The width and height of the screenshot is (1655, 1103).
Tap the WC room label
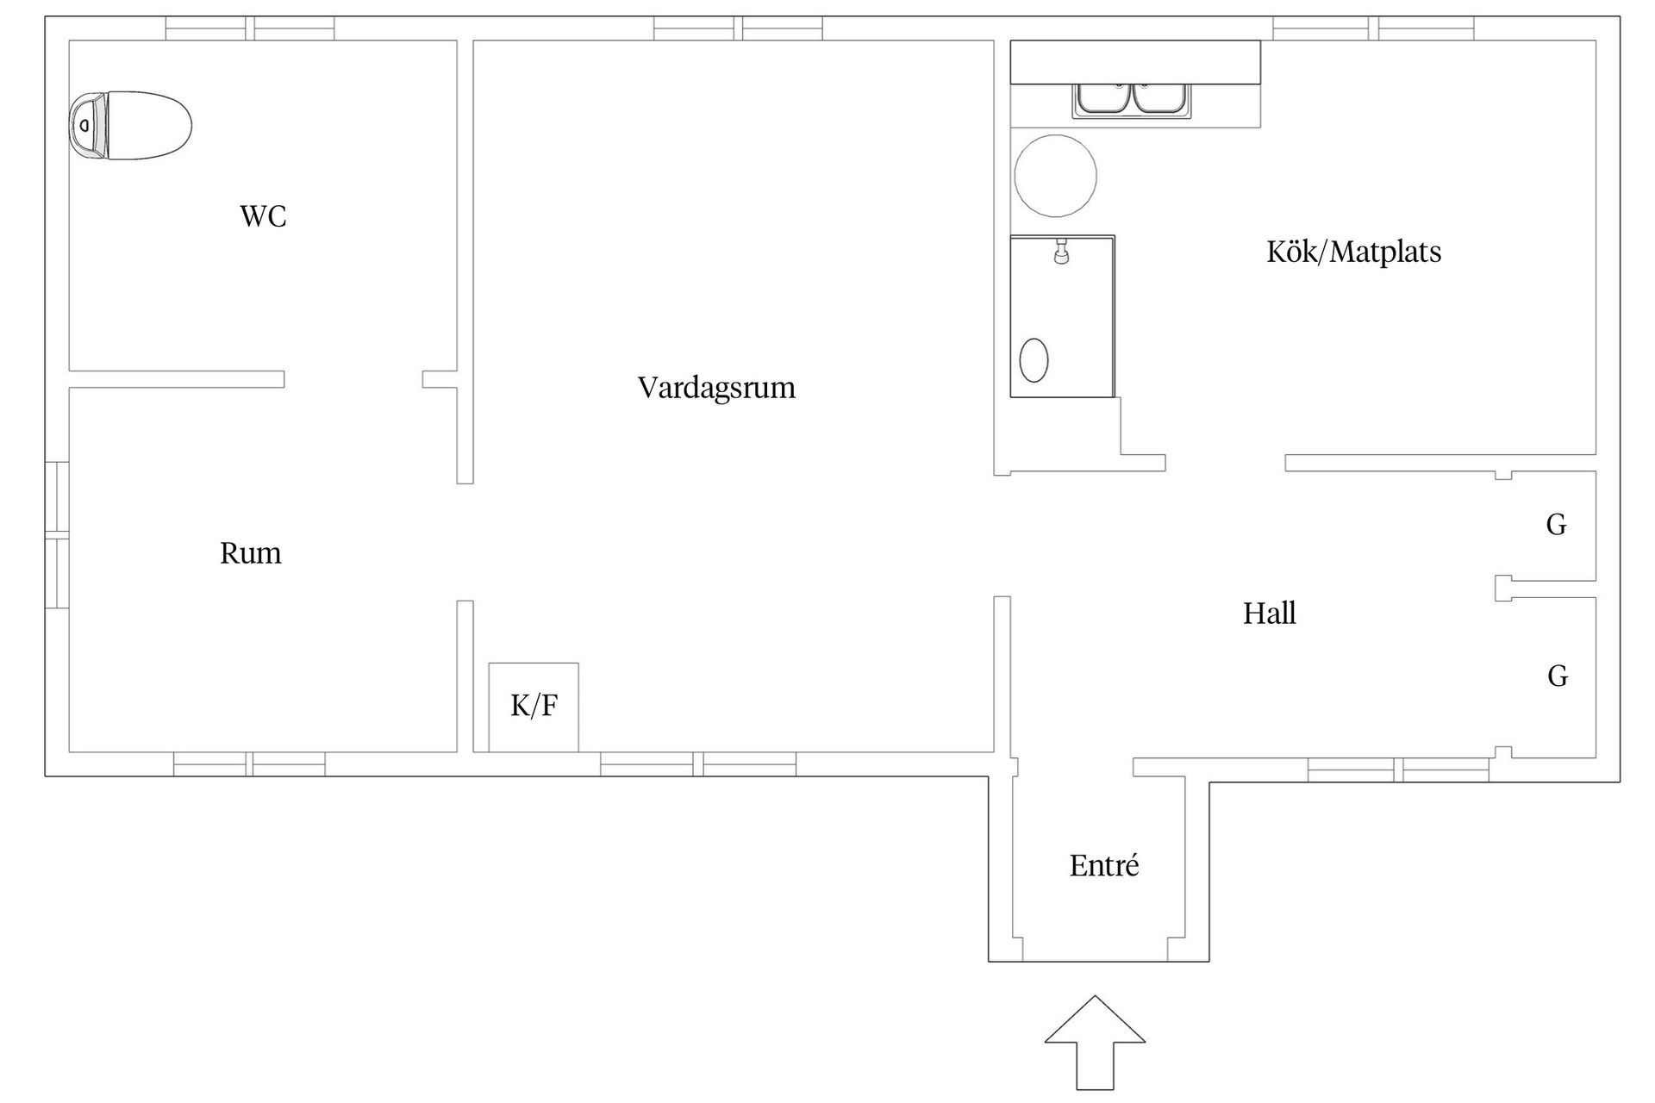point(263,216)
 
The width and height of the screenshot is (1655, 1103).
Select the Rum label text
point(250,552)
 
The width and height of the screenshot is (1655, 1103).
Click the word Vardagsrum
point(716,388)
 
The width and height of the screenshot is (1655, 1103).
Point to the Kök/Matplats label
point(1353,252)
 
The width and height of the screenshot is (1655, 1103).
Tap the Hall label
point(1269,614)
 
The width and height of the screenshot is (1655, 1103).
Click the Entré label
point(1104,865)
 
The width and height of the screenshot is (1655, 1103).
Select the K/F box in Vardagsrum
point(534,707)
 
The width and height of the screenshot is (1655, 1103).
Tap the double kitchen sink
point(1133,99)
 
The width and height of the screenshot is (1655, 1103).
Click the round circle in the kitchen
point(1055,176)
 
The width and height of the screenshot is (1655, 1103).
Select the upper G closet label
point(1556,525)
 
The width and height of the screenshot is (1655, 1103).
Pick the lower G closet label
point(1557,676)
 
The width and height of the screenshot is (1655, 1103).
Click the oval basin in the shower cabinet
point(1034,359)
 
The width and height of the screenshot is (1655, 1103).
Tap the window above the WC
point(250,28)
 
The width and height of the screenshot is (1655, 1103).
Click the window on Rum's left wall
point(57,534)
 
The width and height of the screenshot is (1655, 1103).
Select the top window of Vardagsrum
point(738,28)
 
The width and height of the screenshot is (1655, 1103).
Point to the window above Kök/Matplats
point(1373,28)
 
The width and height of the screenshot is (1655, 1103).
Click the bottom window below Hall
point(1398,770)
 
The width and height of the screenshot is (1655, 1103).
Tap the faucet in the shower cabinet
point(1061,252)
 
